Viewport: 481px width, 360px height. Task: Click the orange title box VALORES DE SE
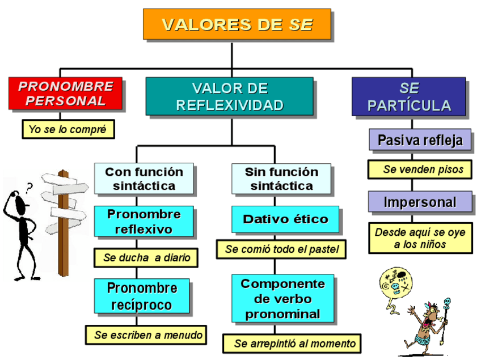tap(237, 24)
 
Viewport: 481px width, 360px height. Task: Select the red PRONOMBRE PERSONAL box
tap(66, 94)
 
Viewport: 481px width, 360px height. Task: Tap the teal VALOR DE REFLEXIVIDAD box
tap(229, 96)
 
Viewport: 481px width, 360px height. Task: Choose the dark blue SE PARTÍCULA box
tap(408, 96)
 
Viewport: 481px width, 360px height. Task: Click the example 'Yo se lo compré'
tap(67, 129)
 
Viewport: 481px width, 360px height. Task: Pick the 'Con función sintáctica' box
tap(144, 179)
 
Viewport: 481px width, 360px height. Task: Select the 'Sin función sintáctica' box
tap(281, 179)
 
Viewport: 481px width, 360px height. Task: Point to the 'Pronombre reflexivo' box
tap(144, 221)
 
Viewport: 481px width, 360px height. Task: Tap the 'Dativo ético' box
tap(285, 219)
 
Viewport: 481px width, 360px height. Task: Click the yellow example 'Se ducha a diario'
tap(146, 257)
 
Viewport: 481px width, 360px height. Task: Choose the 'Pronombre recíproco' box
tap(142, 295)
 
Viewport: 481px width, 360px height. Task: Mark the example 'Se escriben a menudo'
tap(147, 334)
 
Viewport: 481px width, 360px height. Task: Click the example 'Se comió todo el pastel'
tap(281, 249)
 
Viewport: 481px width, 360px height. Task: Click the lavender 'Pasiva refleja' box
tap(420, 139)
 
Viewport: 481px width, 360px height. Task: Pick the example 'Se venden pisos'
tap(420, 169)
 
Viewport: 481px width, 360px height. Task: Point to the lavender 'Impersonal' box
tap(420, 202)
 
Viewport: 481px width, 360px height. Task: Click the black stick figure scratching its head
tap(23, 227)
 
